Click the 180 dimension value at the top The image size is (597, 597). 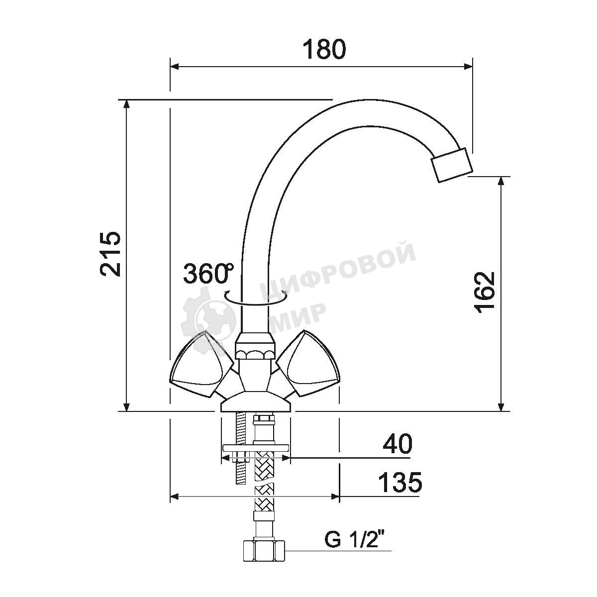tap(323, 49)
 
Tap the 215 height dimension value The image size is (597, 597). tap(110, 253)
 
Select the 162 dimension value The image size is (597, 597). tap(485, 293)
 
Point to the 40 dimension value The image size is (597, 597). tap(398, 443)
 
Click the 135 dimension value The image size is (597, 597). tap(400, 482)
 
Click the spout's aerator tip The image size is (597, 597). tap(452, 165)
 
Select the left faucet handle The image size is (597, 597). tap(201, 365)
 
